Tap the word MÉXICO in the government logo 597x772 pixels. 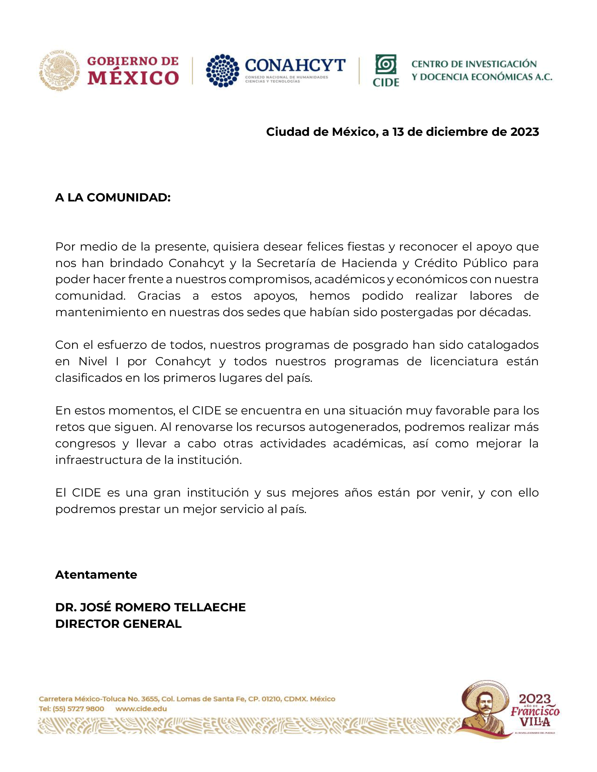(133, 78)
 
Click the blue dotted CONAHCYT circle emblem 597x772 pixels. (222, 70)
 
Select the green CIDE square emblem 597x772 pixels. (386, 64)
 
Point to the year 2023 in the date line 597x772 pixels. (525, 132)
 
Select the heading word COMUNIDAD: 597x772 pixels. (129, 198)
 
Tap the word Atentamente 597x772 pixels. (96, 575)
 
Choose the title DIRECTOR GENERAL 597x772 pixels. (118, 624)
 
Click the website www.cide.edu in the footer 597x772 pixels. (141, 709)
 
